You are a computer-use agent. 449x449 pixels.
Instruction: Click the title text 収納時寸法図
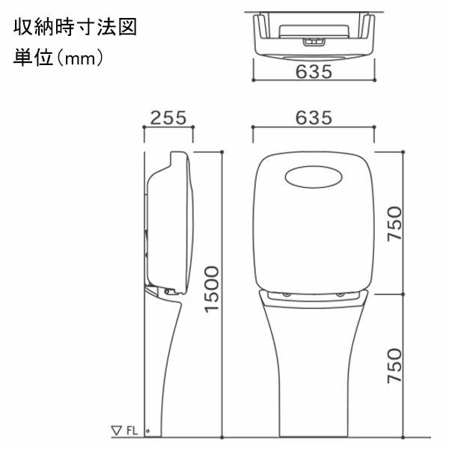tap(73, 28)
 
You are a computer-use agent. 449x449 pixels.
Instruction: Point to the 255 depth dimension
tap(168, 118)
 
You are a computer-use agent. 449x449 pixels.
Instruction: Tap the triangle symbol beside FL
tap(116, 430)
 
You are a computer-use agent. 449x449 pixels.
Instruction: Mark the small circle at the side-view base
tap(147, 431)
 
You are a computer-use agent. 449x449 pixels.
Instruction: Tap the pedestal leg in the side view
tap(165, 367)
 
